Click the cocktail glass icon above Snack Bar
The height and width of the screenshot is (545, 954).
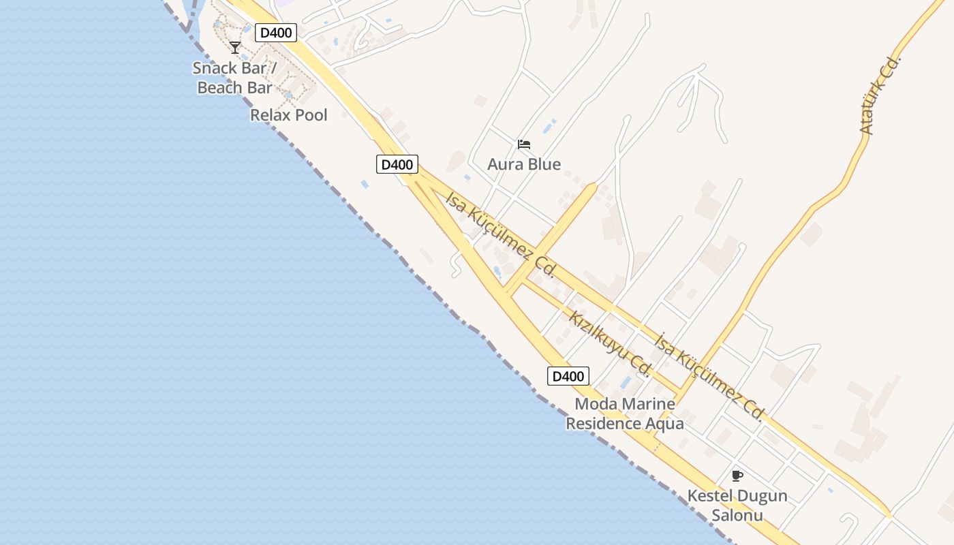click(235, 48)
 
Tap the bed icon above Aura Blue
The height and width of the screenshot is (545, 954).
click(524, 144)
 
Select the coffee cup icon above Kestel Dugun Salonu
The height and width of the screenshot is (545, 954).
click(737, 476)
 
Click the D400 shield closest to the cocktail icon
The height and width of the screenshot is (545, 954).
click(277, 33)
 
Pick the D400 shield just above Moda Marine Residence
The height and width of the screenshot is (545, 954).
click(568, 376)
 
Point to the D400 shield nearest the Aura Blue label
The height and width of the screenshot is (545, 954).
click(397, 164)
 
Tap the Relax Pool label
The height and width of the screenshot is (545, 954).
click(289, 115)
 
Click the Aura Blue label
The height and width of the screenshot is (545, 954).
click(524, 164)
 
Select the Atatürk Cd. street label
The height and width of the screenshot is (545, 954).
click(880, 95)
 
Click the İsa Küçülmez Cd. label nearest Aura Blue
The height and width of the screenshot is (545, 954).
click(500, 234)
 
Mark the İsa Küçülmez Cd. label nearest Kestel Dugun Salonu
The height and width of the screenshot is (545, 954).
click(709, 377)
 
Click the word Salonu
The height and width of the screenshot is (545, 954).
click(737, 516)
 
